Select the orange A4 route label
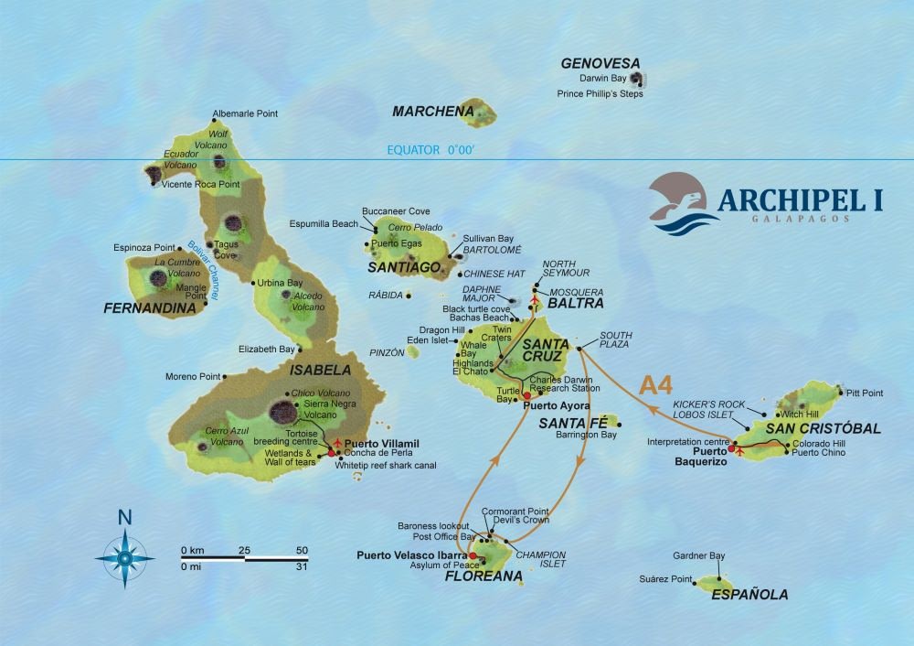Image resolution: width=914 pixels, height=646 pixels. [x=656, y=384]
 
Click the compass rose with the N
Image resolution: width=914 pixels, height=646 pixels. [x=124, y=553]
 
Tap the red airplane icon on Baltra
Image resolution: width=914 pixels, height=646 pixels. [x=534, y=299]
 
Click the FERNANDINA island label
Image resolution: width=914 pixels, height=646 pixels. [x=150, y=308]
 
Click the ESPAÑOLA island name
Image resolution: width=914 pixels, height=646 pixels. [x=749, y=595]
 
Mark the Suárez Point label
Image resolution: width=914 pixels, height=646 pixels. [x=668, y=579]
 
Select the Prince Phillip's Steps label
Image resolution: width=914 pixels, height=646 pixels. [x=600, y=93]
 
